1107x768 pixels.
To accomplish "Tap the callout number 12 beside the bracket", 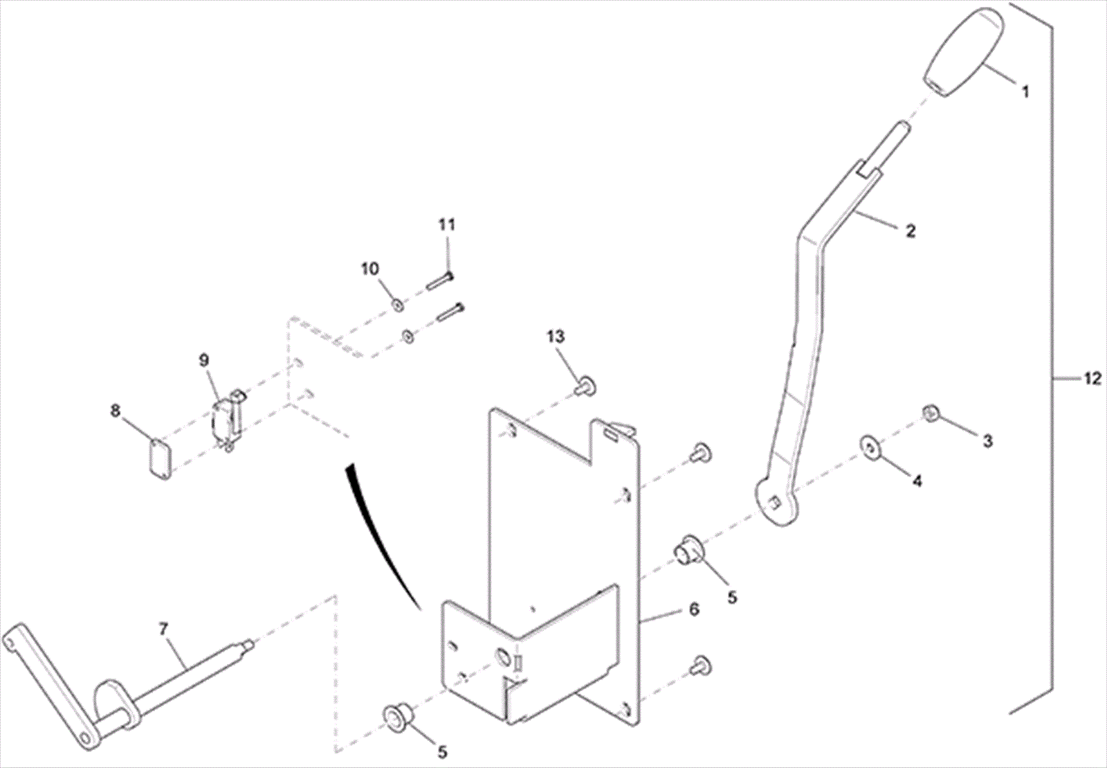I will pyautogui.click(x=1092, y=379).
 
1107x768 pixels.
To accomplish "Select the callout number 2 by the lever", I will pyautogui.click(x=911, y=231).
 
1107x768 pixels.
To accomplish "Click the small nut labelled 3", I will pyautogui.click(x=931, y=414).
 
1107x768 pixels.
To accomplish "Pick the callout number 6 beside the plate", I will pyautogui.click(x=694, y=609).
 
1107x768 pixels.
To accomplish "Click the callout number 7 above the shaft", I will pyautogui.click(x=163, y=629).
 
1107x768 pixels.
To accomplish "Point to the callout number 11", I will pyautogui.click(x=447, y=224).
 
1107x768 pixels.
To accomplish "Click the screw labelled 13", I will pyautogui.click(x=587, y=384).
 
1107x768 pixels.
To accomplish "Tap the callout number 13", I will pyautogui.click(x=556, y=337).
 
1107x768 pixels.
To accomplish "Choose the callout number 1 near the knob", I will pyautogui.click(x=1025, y=91).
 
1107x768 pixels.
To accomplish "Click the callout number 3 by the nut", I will pyautogui.click(x=987, y=440).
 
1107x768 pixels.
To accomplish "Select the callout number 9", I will pyautogui.click(x=203, y=360).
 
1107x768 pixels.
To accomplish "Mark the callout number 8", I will pyautogui.click(x=115, y=411).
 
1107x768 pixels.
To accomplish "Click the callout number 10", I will pyautogui.click(x=370, y=268).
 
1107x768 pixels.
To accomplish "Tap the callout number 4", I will pyautogui.click(x=917, y=480).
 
